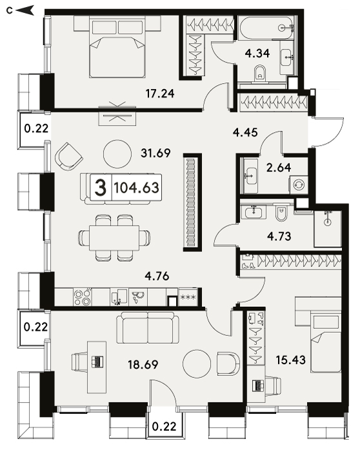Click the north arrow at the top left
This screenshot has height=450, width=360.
pos(25,10)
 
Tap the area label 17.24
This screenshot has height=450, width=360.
pos(160,93)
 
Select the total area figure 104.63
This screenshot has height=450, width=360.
pos(136,188)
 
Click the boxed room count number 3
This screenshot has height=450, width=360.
pos(101,188)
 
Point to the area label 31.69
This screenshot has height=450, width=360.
pos(155,153)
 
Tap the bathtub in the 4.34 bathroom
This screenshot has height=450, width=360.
pos(266,28)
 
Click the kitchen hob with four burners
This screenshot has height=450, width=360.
pos(83,297)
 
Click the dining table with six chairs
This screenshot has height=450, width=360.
pos(114,238)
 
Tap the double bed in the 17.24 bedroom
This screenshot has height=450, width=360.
pos(117,47)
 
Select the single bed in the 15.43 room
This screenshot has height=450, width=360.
pos(326,343)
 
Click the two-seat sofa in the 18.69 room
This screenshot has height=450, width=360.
pos(148,328)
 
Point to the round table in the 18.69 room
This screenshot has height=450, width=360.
pos(197,364)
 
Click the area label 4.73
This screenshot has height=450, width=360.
pos(279,236)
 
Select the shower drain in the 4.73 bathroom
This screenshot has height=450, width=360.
pos(327,222)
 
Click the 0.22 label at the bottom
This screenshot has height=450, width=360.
pos(165,426)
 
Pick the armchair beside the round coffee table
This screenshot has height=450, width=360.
pos(68,157)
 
